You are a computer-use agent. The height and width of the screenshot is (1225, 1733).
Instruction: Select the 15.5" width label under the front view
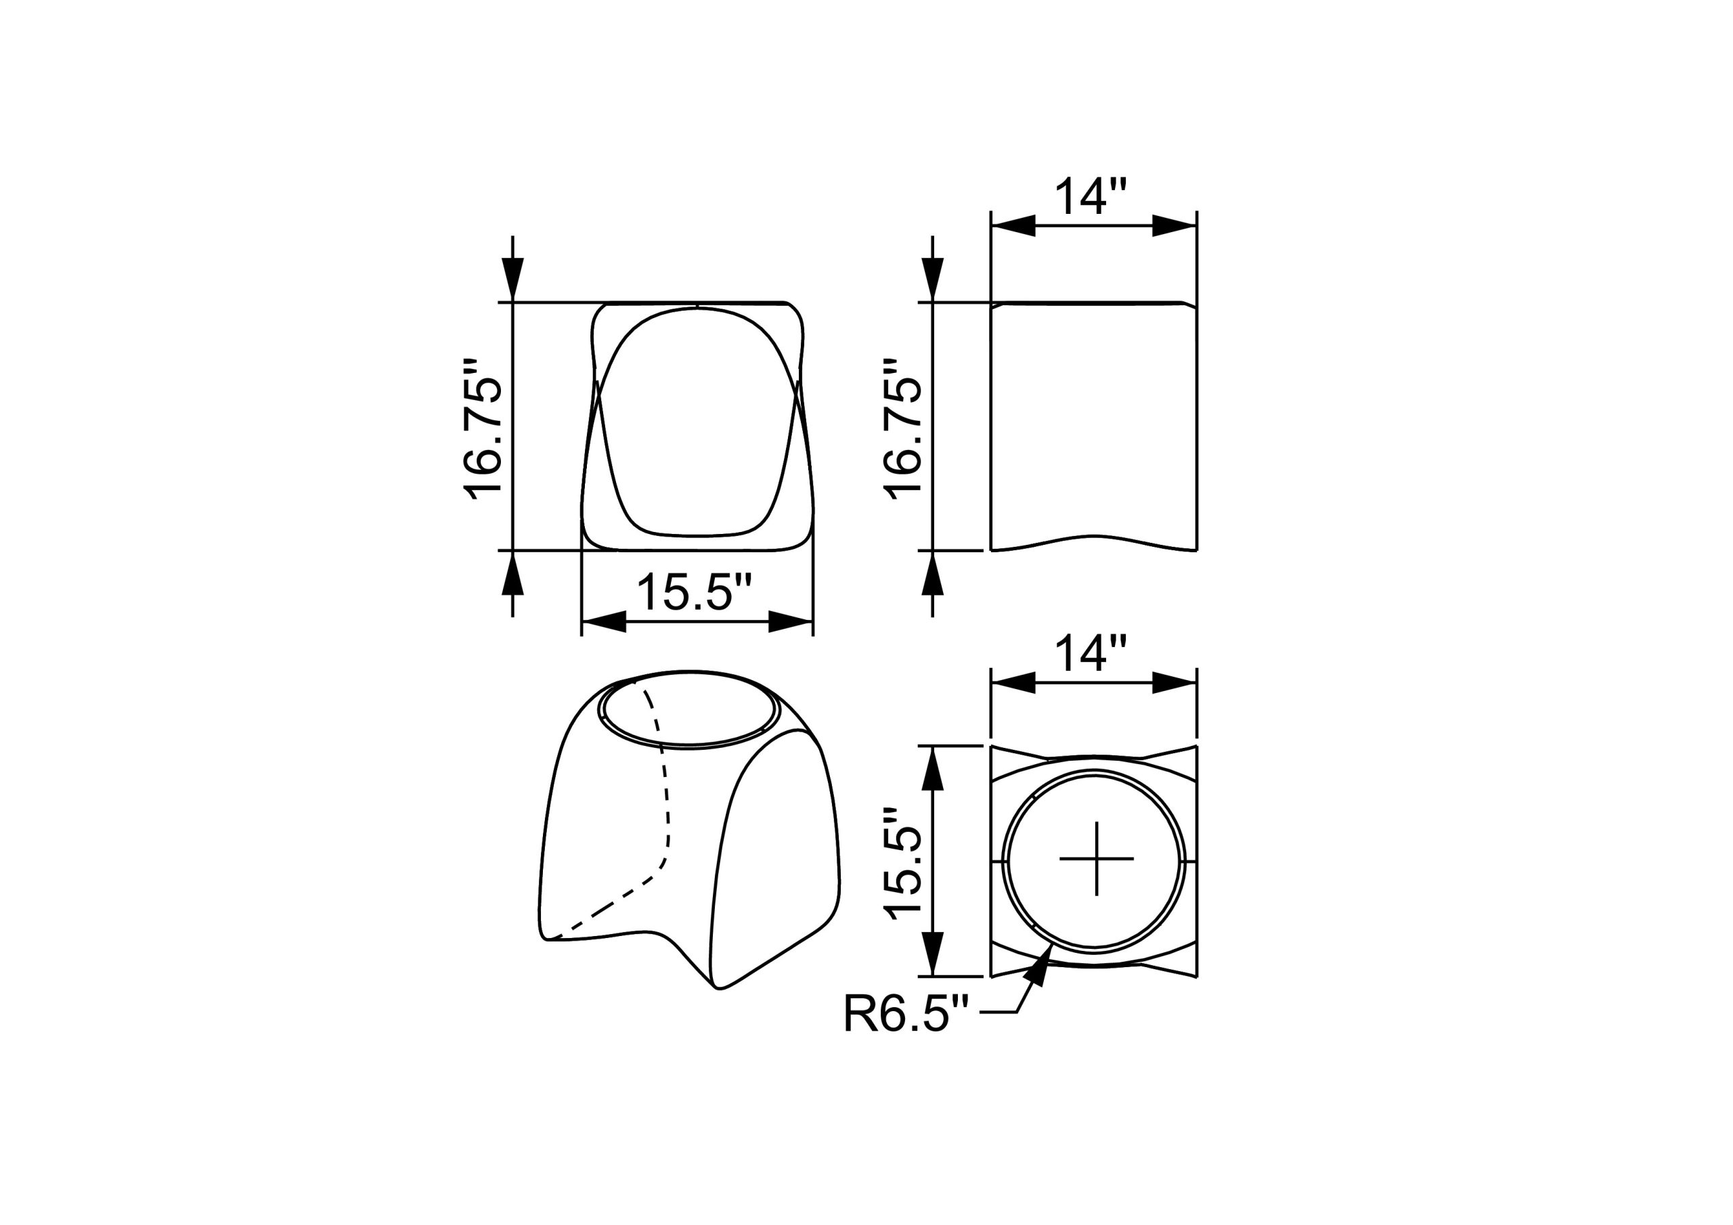(695, 592)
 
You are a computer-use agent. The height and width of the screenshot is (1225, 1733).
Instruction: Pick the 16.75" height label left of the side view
(903, 427)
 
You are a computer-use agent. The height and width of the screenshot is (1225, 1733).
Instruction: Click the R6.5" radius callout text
(906, 1014)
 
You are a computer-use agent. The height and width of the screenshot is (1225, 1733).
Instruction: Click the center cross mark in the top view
(1096, 859)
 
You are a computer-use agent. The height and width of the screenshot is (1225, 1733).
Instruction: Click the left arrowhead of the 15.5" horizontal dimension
(604, 622)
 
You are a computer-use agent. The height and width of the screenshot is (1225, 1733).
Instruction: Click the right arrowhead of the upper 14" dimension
(1175, 225)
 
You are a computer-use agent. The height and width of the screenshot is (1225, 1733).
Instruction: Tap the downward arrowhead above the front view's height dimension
(512, 280)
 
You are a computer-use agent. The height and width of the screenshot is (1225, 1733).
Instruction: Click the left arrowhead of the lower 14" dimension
(1013, 682)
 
